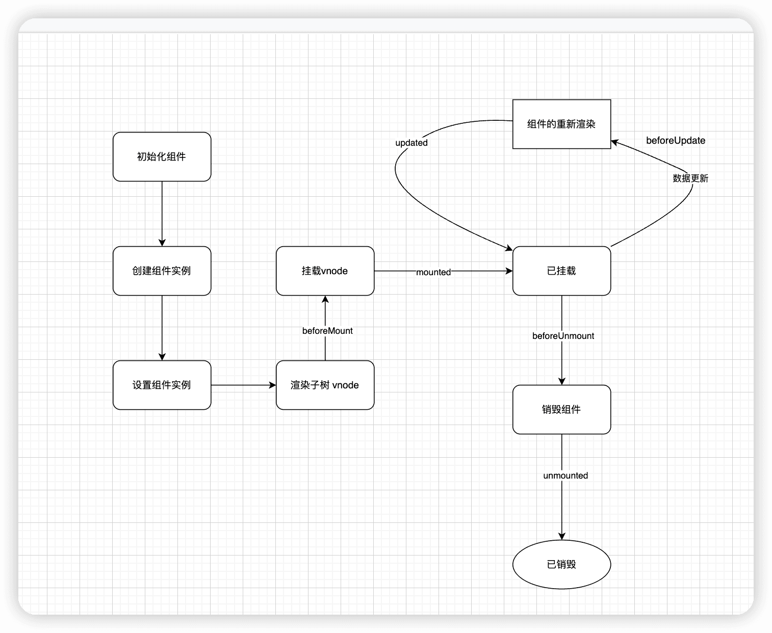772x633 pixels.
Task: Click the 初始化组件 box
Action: pyautogui.click(x=162, y=157)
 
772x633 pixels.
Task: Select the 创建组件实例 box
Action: pyautogui.click(x=162, y=271)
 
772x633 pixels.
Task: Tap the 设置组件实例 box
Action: pyautogui.click(x=162, y=385)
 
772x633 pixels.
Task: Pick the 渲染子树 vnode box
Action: pyautogui.click(x=325, y=385)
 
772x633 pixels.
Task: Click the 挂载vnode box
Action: pyautogui.click(x=325, y=271)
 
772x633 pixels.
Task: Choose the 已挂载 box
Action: pyautogui.click(x=561, y=271)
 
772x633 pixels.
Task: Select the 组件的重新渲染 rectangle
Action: pyautogui.click(x=561, y=124)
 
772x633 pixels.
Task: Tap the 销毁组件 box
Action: pyautogui.click(x=561, y=410)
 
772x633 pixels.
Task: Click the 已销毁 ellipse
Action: pyautogui.click(x=561, y=565)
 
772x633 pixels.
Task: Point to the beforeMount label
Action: pyautogui.click(x=327, y=331)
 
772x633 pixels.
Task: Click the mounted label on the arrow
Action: pyautogui.click(x=433, y=272)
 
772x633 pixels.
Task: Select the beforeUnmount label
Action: pyautogui.click(x=563, y=336)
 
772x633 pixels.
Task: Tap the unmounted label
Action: pyautogui.click(x=565, y=476)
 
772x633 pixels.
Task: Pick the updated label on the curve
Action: pyautogui.click(x=411, y=143)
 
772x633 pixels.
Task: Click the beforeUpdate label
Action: pyautogui.click(x=676, y=141)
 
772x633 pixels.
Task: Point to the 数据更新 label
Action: pyautogui.click(x=690, y=178)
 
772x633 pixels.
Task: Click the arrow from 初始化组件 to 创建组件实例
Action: pyautogui.click(x=162, y=214)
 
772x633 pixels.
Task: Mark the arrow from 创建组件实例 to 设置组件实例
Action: pyautogui.click(x=162, y=328)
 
